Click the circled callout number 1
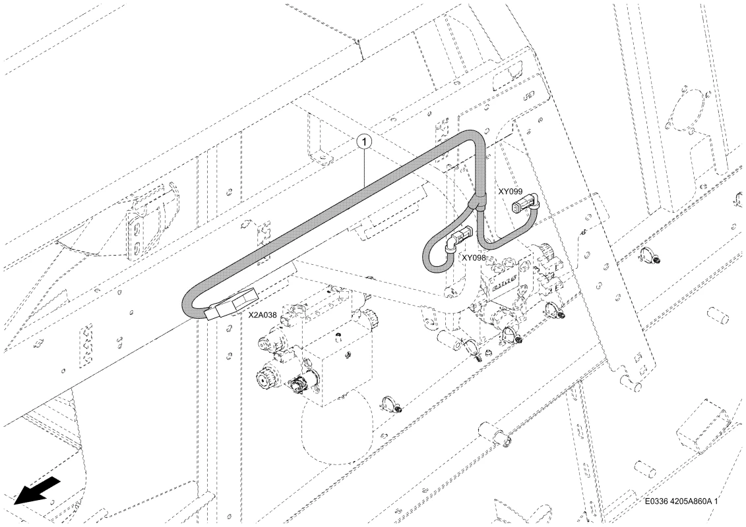click(364, 141)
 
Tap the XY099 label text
click(511, 192)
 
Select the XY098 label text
click(474, 257)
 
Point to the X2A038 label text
click(263, 315)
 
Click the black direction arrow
click(37, 489)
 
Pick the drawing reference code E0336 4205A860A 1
click(681, 501)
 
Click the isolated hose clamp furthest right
click(647, 255)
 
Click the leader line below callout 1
click(365, 166)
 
